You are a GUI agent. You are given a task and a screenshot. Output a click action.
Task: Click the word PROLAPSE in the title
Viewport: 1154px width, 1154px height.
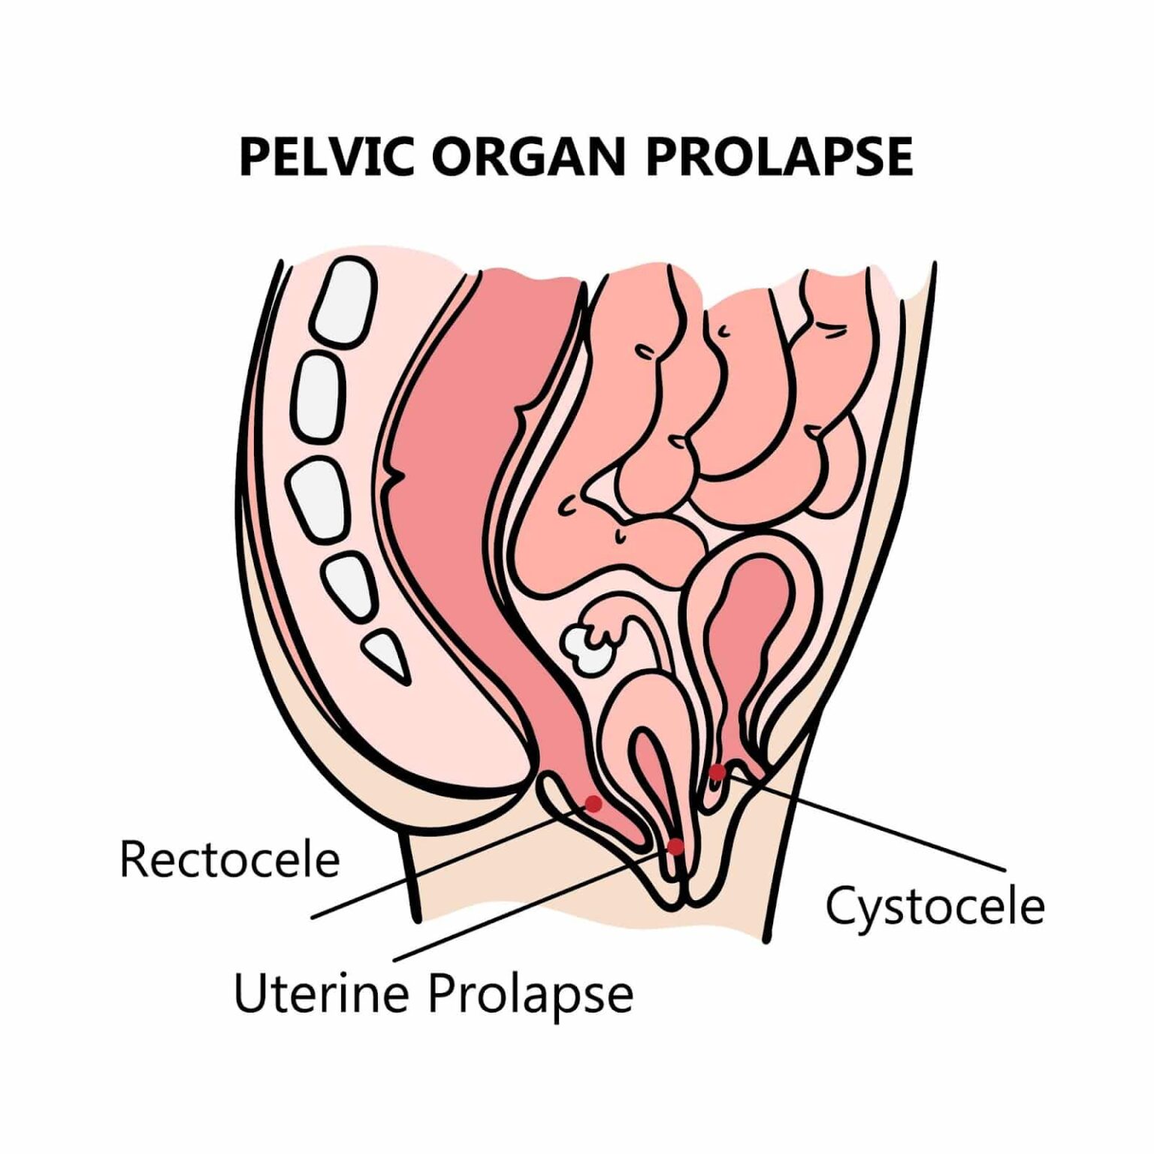pos(778,157)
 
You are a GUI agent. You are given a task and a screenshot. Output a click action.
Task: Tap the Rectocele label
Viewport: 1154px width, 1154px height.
pos(229,859)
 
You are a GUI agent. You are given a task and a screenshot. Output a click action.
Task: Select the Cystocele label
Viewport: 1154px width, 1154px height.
pos(935,906)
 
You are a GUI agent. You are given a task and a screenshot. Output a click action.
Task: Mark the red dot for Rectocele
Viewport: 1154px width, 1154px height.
pos(594,804)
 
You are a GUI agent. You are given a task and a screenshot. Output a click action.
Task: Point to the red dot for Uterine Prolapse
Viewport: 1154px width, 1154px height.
pos(675,847)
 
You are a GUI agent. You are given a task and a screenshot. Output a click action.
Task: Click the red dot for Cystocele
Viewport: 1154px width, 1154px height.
pos(717,772)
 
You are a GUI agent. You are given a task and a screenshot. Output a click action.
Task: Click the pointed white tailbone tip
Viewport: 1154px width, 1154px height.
pos(389,653)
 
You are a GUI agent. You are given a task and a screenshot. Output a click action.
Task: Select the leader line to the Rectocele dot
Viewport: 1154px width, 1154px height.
pos(451,862)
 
